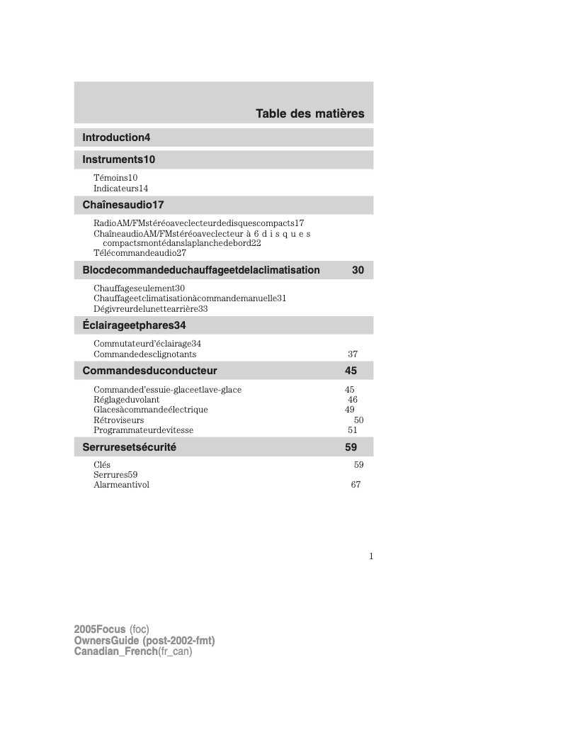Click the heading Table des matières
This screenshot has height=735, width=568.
tap(309, 113)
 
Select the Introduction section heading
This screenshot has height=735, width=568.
tap(116, 137)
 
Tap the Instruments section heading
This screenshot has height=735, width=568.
tap(118, 159)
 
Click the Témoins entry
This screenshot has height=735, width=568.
tap(115, 177)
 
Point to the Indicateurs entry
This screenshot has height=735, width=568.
tap(120, 189)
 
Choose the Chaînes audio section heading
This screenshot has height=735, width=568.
tap(123, 205)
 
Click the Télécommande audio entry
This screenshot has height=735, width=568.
tap(140, 253)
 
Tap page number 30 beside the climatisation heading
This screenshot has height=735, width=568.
tap(358, 270)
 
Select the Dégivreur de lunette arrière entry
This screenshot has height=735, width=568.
tap(150, 309)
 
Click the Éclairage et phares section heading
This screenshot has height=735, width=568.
tap(134, 325)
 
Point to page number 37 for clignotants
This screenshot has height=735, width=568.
tap(353, 354)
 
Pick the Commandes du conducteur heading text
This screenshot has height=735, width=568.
tap(149, 371)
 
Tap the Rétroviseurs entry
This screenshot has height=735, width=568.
tap(118, 420)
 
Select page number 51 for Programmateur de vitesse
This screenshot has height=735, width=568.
tap(353, 430)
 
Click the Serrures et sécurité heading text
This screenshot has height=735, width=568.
tap(129, 447)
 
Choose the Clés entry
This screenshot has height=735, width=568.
tap(102, 465)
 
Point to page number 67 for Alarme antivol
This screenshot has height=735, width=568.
tap(356, 485)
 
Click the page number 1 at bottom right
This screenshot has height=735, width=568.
tap(370, 556)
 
